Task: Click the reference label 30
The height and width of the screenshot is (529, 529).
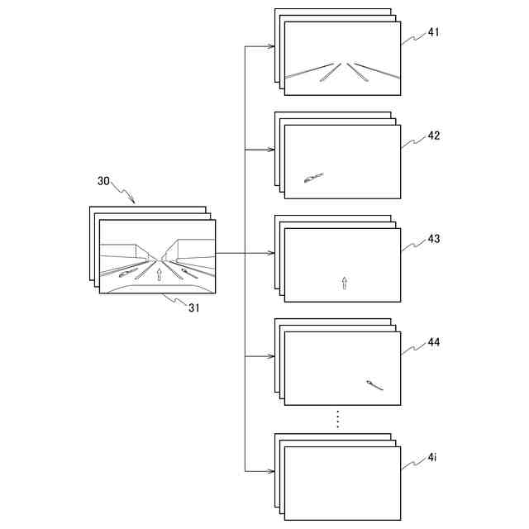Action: (104, 180)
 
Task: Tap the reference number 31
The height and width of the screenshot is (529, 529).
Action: (194, 307)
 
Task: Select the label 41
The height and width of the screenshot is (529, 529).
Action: (434, 32)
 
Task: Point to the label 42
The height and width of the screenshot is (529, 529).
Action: (434, 136)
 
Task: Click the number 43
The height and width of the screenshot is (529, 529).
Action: (434, 239)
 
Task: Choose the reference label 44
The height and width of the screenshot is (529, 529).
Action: (434, 342)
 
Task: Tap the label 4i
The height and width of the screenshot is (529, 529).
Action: (432, 457)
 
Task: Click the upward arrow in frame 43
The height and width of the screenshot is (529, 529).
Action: (345, 283)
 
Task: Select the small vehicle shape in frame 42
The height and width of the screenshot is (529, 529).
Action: (312, 178)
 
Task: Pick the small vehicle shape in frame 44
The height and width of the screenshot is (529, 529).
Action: (375, 384)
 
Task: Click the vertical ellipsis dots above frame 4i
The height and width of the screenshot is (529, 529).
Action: (338, 419)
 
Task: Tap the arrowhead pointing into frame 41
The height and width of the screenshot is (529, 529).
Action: (271, 46)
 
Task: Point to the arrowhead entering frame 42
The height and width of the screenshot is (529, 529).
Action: (271, 150)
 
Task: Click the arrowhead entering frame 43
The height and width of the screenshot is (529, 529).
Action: (271, 253)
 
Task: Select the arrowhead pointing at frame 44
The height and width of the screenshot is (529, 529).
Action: (271, 356)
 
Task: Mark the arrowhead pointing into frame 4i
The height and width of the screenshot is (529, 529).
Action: (271, 471)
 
